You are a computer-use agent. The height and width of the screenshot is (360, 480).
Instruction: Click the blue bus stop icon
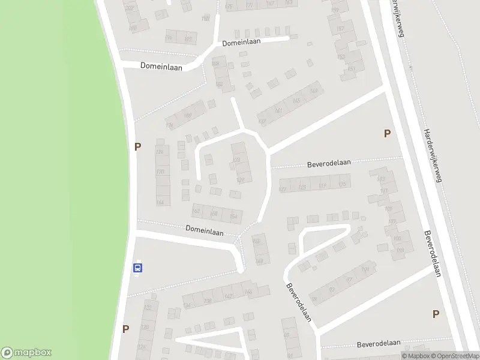[x=138, y=268]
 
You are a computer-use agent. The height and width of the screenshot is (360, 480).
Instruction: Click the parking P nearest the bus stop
[x=125, y=329]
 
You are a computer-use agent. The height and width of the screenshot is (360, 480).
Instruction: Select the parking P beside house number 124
[x=138, y=146]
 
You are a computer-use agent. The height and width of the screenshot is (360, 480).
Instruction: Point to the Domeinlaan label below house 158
[x=204, y=229]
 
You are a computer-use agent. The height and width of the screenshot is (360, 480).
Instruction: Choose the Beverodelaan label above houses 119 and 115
[x=329, y=162]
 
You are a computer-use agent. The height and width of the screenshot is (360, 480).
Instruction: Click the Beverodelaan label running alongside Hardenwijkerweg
[x=433, y=254]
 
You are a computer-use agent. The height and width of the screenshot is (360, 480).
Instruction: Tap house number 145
[x=296, y=101]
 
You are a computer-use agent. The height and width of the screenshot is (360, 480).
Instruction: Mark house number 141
[x=278, y=112]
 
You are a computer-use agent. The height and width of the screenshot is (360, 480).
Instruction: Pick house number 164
[x=160, y=202]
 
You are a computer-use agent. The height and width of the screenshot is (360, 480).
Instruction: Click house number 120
[x=160, y=172]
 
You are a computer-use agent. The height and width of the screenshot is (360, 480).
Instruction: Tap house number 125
[x=302, y=188]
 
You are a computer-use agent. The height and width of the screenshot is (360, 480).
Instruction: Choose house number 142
[x=228, y=296]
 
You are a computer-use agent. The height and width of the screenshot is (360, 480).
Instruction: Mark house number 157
[x=340, y=29]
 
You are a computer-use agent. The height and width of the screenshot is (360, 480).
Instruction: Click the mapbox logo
[x=26, y=352]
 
